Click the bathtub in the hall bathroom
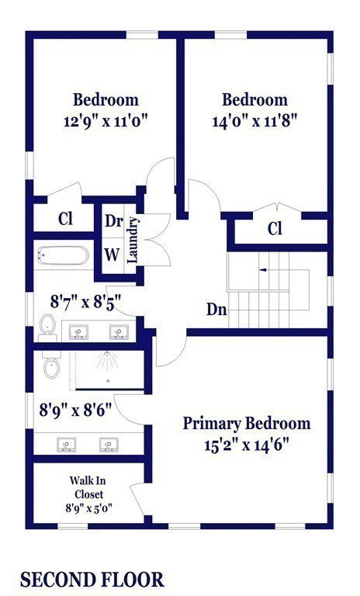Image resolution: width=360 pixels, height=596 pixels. (x=63, y=256)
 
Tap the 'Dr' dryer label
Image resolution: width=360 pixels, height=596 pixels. (x=113, y=221)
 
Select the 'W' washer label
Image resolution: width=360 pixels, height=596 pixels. (x=112, y=255)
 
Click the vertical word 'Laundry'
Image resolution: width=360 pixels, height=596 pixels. (x=133, y=240)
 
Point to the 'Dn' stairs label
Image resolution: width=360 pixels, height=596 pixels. (x=216, y=310)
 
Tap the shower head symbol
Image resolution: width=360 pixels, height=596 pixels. (x=108, y=360)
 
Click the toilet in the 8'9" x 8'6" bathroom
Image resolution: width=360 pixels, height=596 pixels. (x=51, y=365)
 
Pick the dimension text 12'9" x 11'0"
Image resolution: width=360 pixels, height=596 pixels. (x=106, y=122)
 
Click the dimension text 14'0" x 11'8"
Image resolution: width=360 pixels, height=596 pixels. (x=254, y=122)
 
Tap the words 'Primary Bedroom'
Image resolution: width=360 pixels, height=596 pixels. (x=247, y=424)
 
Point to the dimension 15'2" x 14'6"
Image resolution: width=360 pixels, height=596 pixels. (x=247, y=445)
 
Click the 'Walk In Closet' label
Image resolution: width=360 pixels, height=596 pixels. (x=88, y=487)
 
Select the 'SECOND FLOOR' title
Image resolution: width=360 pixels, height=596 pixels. (x=92, y=580)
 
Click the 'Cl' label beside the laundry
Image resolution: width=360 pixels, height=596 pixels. (x=66, y=219)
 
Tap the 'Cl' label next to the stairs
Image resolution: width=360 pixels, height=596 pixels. (x=275, y=229)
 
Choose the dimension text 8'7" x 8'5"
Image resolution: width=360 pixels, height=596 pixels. (x=86, y=303)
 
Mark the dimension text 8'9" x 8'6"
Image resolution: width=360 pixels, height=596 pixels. (x=76, y=411)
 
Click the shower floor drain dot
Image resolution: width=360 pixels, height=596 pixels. (x=109, y=380)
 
